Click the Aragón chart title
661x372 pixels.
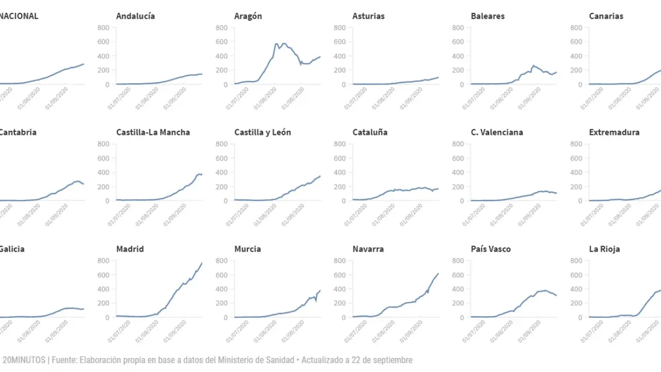(248, 16)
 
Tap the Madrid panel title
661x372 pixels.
(130, 249)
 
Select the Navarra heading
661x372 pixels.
(368, 249)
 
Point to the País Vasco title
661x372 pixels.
(491, 249)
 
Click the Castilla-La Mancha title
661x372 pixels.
(153, 132)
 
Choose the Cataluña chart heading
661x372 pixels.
(370, 132)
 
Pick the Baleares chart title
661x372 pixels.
(487, 16)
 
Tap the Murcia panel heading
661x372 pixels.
(247, 249)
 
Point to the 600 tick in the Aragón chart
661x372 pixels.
(223, 42)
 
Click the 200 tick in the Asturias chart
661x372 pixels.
(341, 70)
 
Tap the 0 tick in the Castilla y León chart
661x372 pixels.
(226, 201)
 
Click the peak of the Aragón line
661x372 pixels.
(276, 43)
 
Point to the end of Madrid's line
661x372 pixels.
(202, 262)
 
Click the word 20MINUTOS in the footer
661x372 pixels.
(23, 360)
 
